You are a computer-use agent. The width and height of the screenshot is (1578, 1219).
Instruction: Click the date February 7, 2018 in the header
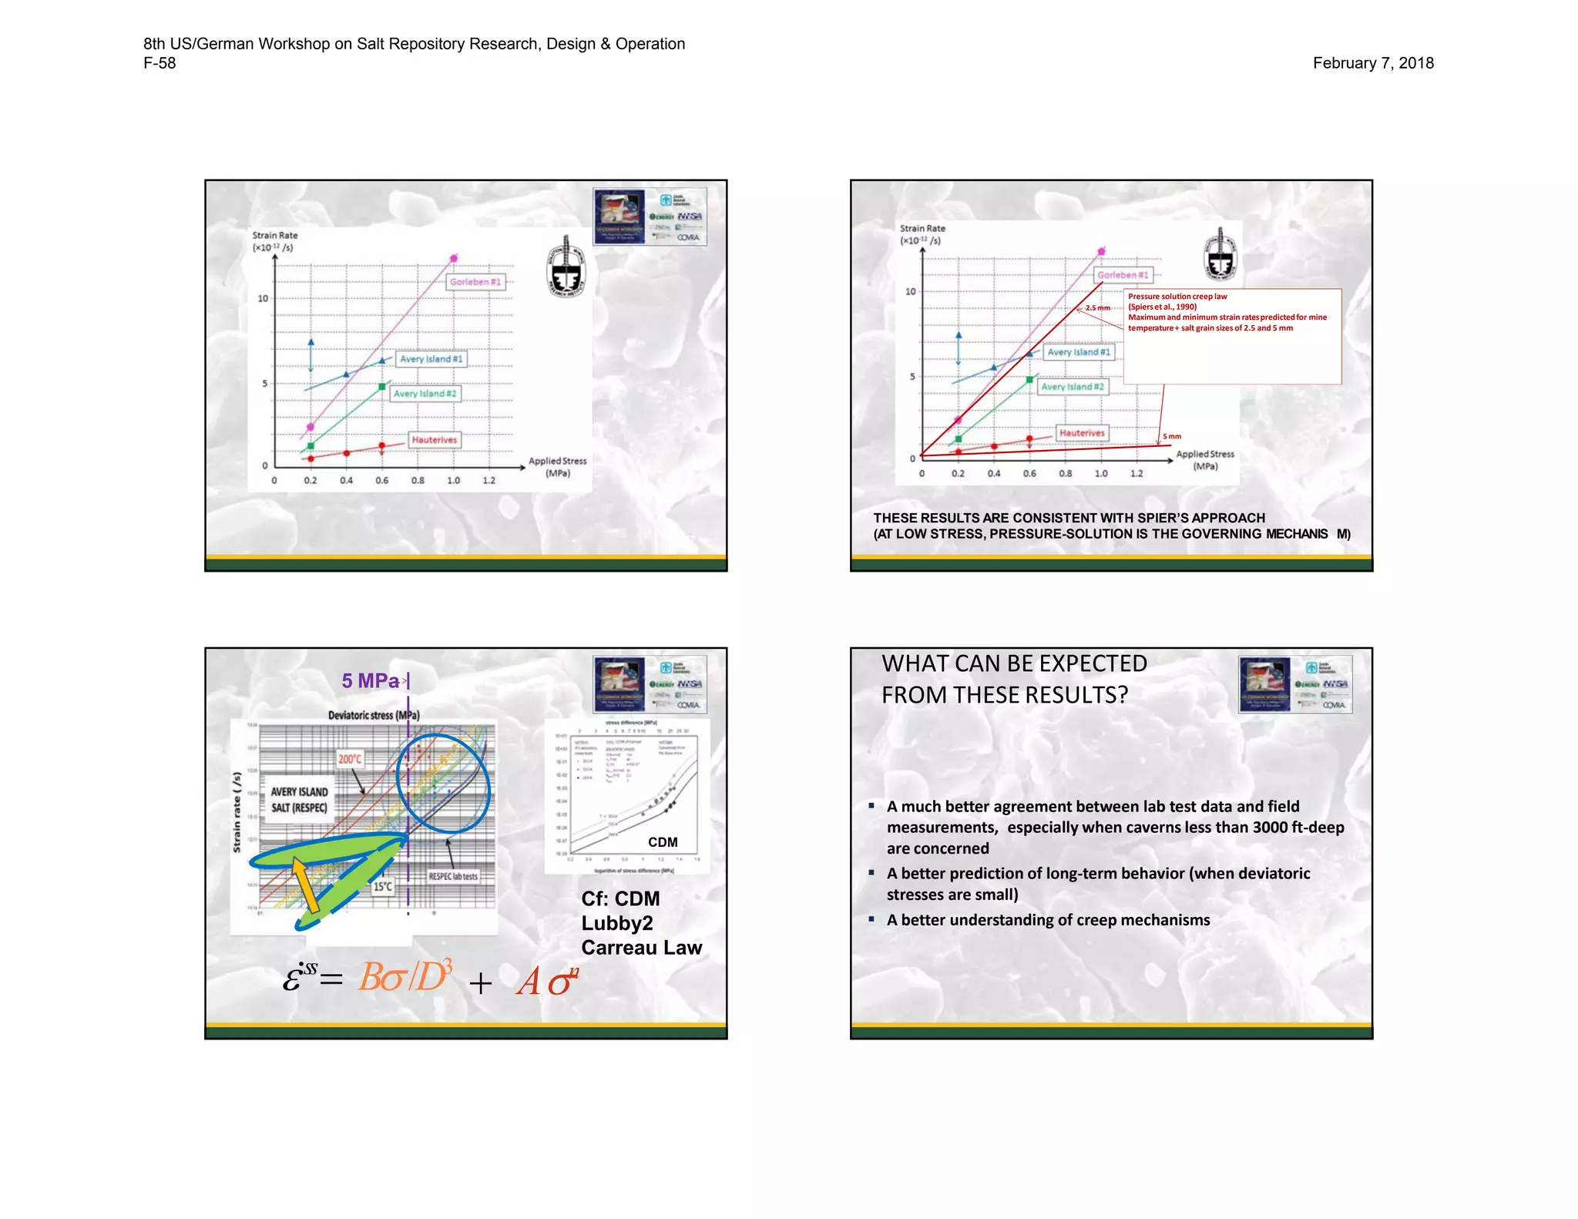1372,63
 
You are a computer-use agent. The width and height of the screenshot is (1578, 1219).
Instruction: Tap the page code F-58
159,63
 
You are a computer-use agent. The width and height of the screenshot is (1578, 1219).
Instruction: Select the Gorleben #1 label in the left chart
475,282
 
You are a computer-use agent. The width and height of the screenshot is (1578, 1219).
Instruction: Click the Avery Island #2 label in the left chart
425,394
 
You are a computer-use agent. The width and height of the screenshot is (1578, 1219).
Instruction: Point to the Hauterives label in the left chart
435,440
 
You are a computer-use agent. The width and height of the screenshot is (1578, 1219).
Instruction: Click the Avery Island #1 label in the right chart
1079,352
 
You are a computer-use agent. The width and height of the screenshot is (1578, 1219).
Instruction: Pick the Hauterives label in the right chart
1082,433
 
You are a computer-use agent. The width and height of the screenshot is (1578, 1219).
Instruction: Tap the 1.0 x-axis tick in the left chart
453,481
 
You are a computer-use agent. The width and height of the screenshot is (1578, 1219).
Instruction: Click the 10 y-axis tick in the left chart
263,299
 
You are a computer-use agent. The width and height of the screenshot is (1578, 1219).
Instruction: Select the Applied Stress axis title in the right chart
1205,460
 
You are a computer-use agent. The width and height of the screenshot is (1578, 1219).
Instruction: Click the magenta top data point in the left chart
454,258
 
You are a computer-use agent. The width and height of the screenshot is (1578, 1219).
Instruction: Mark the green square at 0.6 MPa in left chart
382,387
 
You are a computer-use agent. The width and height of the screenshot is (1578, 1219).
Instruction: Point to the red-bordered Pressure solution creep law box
1232,337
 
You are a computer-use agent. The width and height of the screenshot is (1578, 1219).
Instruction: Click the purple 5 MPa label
371,681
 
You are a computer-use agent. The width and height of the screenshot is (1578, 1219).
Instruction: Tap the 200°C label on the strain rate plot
350,759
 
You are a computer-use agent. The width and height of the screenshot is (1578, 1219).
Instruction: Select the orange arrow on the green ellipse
305,886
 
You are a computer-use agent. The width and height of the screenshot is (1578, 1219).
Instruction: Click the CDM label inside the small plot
663,842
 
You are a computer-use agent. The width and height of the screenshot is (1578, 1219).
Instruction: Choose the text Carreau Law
641,948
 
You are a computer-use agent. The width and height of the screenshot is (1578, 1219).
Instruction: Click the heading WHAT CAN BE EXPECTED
1014,663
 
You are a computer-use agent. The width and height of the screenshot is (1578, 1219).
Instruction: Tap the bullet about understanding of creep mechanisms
1048,920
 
